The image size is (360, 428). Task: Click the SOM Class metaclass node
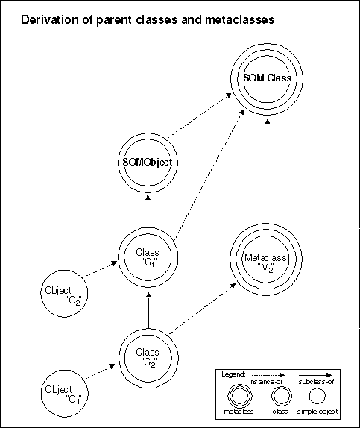coord(267,78)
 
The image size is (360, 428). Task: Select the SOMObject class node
coord(148,163)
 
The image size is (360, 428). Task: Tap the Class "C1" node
coord(148,257)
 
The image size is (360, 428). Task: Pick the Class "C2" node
coord(148,358)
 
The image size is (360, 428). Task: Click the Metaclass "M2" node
coord(266,259)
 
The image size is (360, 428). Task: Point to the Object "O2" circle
coord(64,294)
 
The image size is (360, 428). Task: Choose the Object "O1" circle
coord(65,394)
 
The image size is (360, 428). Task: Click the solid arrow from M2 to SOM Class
coord(268,171)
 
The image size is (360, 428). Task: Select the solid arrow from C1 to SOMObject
coord(148,211)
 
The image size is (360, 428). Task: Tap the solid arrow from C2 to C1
coord(148,310)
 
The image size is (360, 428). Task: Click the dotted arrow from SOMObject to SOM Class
coord(199,116)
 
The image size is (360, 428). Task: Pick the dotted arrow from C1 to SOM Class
coord(209,175)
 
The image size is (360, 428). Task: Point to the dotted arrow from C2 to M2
coord(202,309)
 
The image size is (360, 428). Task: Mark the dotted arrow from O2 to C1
coord(100,269)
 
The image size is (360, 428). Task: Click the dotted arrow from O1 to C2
coord(99,372)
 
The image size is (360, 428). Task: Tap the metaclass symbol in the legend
coord(240,396)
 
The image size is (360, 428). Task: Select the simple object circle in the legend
coord(318,396)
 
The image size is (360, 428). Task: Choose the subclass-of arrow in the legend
coord(315,375)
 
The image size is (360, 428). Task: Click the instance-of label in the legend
coord(266,381)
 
